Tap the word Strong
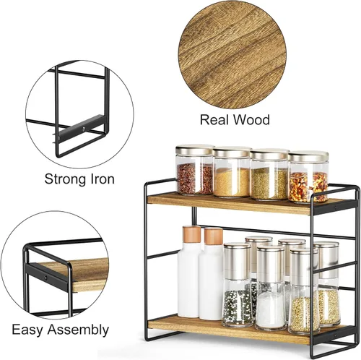[x=65, y=180]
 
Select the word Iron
[x=102, y=179]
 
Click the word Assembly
[x=78, y=330]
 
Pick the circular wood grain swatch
[x=232, y=55]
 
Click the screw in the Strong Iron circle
[x=83, y=129]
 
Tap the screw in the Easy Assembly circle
[x=45, y=278]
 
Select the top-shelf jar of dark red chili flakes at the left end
[x=194, y=169]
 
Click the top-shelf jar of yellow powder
[x=232, y=172]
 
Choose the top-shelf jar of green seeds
[x=269, y=174]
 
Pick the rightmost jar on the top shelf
[x=308, y=176]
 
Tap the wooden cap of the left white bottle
[x=192, y=234]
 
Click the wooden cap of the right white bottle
[x=214, y=236]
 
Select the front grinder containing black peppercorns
[x=237, y=285]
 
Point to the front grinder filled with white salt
[x=271, y=288]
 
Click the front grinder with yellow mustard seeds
[x=304, y=291]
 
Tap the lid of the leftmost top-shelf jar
[x=195, y=150]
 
